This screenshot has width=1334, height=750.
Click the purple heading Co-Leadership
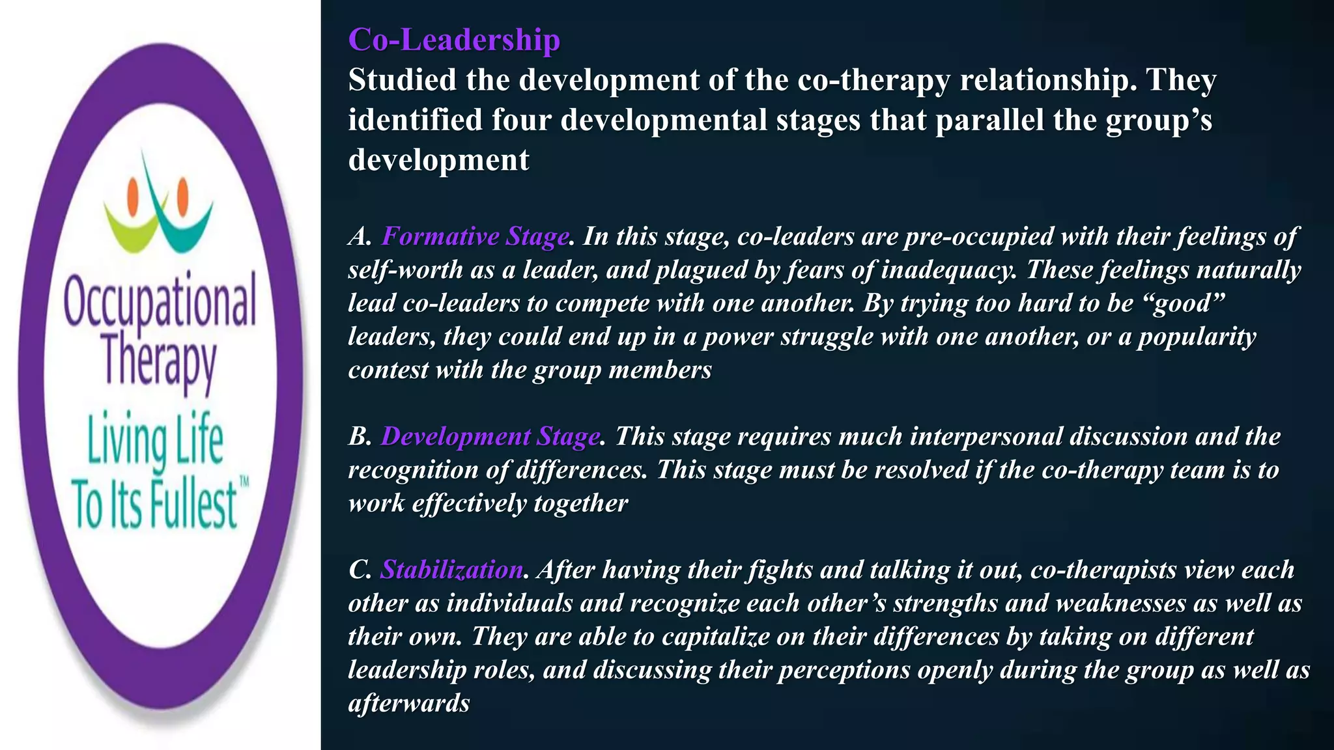454,40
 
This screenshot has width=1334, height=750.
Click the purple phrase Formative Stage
475,236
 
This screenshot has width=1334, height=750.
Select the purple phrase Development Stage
490,436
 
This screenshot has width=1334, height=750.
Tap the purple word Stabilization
451,570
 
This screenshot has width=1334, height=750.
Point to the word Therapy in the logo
160,362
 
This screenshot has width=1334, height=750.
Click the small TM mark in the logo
244,482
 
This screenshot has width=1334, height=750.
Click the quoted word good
1185,303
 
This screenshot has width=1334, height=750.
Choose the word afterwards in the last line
408,703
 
